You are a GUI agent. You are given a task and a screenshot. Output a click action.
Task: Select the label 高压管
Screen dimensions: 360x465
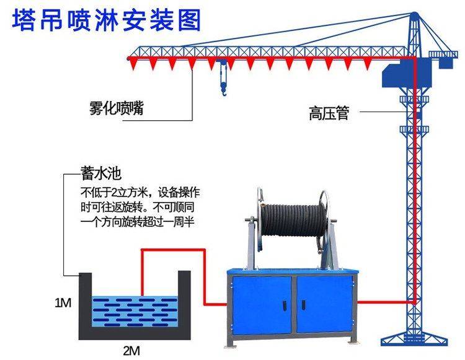tap(329, 113)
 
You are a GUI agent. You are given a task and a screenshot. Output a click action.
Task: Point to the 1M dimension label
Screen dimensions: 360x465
tap(63, 303)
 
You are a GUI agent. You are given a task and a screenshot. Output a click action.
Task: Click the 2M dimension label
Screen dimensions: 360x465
tap(130, 350)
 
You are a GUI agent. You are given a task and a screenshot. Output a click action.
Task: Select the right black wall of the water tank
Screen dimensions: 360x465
tap(184, 304)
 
